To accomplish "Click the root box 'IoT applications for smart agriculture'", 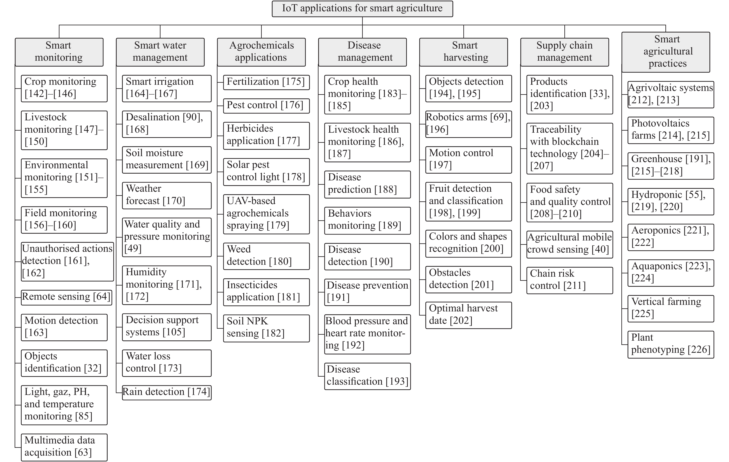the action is pos(362,9).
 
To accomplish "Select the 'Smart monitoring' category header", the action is pos(59,52).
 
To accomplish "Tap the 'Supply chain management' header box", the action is pos(565,52).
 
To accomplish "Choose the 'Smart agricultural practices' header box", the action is pos(666,52).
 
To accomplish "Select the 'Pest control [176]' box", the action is pos(266,106).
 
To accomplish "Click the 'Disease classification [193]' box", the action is pos(367,376).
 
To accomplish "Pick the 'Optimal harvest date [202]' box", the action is pos(469,315).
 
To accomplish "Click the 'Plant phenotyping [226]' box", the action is pos(671,345).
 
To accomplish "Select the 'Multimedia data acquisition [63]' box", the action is pos(64,447).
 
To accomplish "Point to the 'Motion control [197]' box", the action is pos(469,160).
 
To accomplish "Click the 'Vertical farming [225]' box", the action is pos(671,309).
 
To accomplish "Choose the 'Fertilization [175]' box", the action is pos(266,82).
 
